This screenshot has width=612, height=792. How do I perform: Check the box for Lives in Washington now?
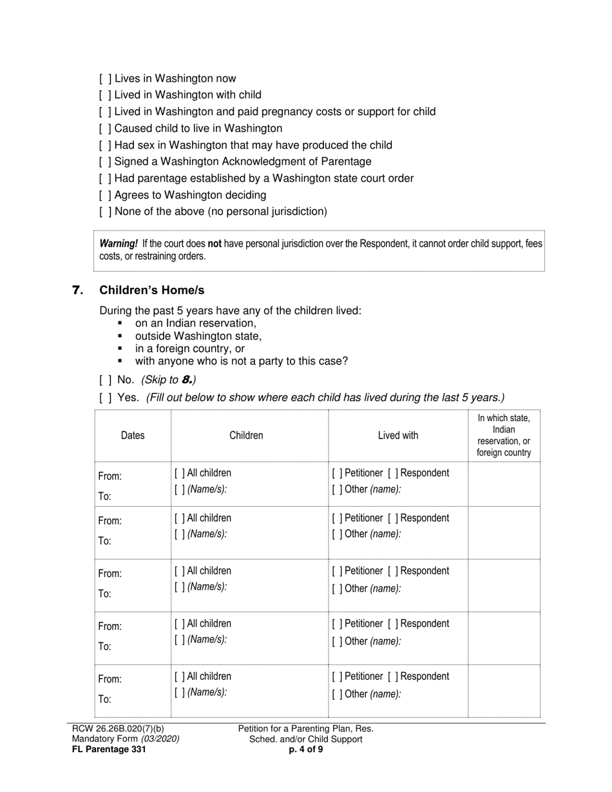tap(106, 79)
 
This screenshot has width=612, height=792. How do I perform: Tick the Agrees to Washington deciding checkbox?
tap(106, 195)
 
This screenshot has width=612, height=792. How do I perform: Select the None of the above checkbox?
tap(106, 212)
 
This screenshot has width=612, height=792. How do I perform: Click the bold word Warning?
tap(119, 244)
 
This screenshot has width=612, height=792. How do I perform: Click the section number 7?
tap(78, 290)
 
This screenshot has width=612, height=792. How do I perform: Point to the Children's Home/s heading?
tap(152, 290)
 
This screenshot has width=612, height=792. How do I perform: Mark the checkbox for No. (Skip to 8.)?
tap(106, 380)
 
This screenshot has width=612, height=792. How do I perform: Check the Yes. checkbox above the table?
tap(106, 398)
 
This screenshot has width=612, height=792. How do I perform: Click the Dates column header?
tap(133, 436)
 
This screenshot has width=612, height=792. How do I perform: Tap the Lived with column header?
tap(397, 436)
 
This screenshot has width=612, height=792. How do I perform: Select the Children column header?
tap(246, 436)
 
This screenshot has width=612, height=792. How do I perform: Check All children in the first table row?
tap(180, 473)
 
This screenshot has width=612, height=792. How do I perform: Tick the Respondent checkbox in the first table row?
tap(393, 473)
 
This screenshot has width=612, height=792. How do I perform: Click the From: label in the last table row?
tap(110, 679)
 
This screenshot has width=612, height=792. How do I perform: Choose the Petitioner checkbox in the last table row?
tap(338, 677)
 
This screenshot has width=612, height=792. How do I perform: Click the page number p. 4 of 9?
tap(306, 750)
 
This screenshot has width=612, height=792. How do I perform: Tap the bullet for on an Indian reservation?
tap(120, 324)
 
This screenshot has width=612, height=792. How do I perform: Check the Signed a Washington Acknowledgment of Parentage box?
tap(106, 162)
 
